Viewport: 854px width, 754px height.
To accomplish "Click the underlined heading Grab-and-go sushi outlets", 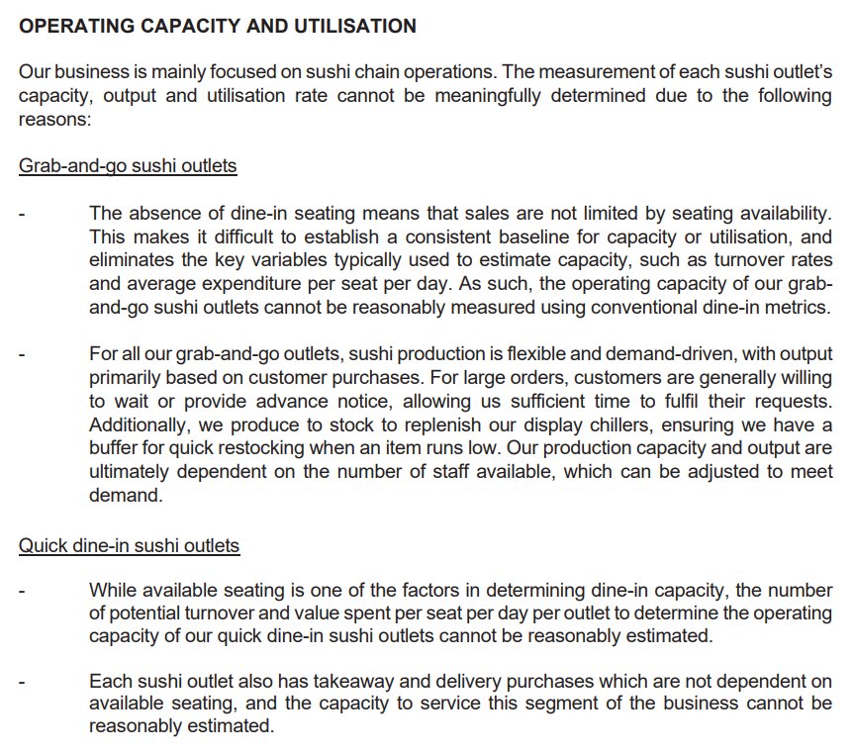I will tap(128, 165).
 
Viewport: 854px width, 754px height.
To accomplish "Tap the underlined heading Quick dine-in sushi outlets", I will tap(129, 545).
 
